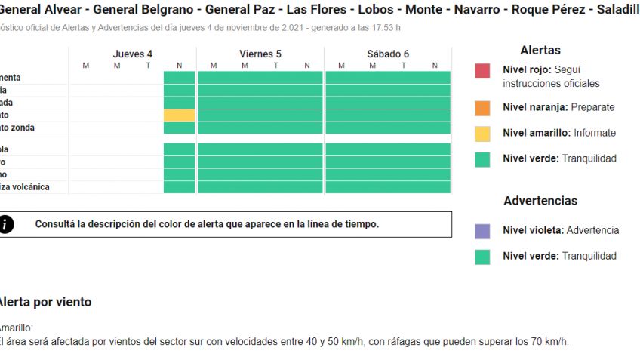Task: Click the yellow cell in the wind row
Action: (x=179, y=115)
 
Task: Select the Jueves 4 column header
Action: (x=132, y=54)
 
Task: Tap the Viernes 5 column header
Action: (x=260, y=54)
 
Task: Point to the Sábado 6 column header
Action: (x=388, y=54)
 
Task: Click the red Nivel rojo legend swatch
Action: (x=482, y=71)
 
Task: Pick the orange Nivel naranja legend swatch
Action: (x=482, y=108)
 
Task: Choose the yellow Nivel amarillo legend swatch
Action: (x=482, y=134)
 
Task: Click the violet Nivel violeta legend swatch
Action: (x=482, y=231)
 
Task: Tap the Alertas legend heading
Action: (x=540, y=51)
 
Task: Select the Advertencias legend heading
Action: (x=540, y=201)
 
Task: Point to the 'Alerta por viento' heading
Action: (x=45, y=302)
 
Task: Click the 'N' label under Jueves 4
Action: (x=179, y=66)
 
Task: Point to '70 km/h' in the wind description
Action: (x=550, y=341)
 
